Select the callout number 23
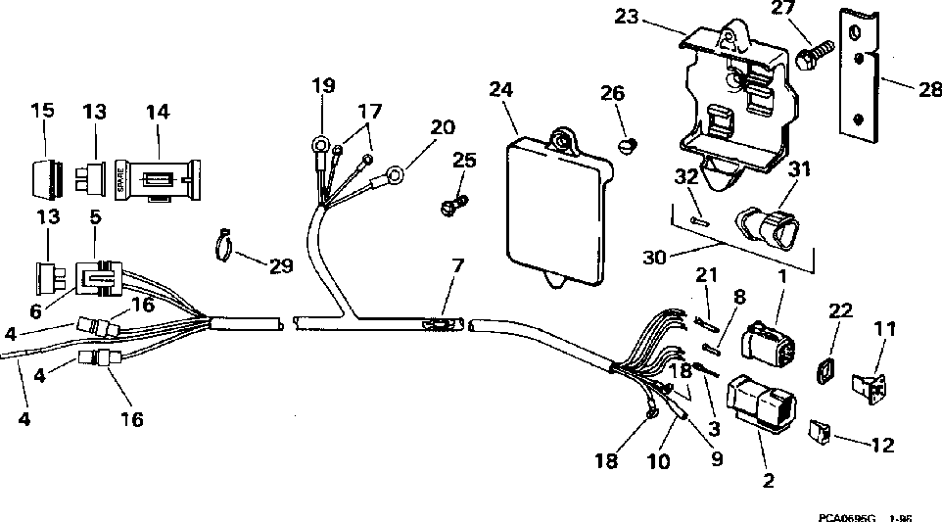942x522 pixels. pos(627,17)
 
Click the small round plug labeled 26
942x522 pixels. pos(629,146)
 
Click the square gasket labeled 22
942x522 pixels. pos(825,372)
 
